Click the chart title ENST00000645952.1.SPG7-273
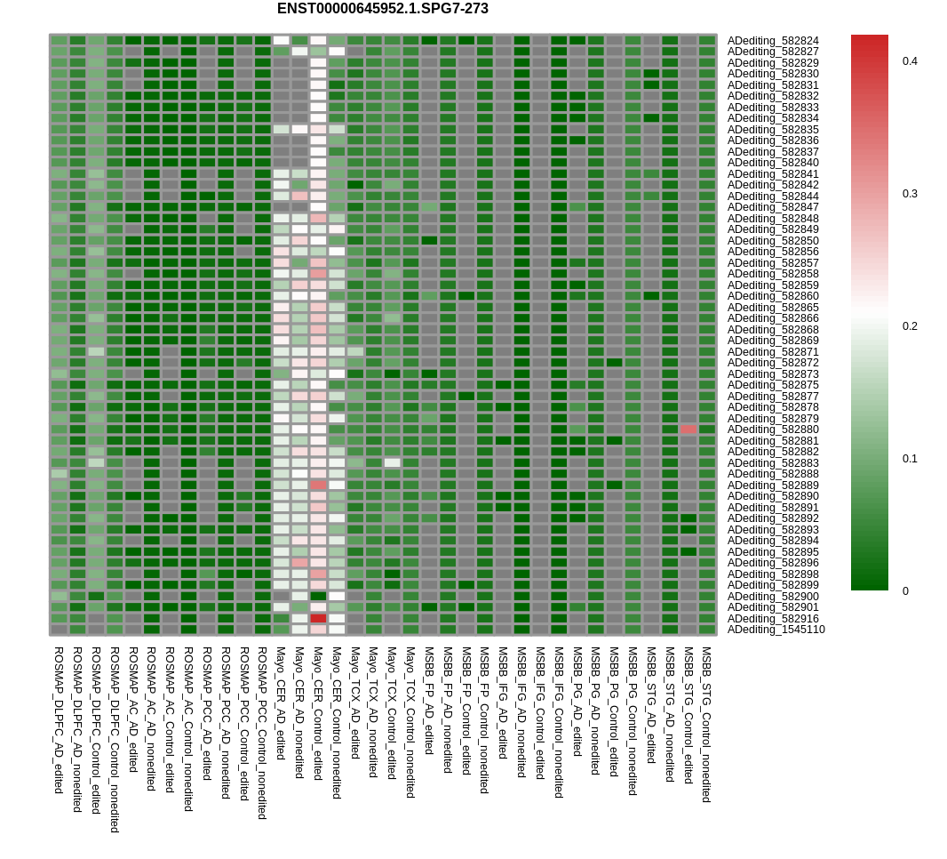coord(382,9)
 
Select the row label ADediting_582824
coord(773,41)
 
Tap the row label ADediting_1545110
coord(776,630)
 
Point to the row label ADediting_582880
coord(773,429)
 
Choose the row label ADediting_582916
coord(773,619)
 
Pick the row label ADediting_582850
coord(773,241)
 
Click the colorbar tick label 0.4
coord(910,61)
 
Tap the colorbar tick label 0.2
coord(910,326)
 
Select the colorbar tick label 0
coord(906,591)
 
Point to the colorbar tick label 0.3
coord(910,194)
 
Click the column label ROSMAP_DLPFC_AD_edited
coord(59,720)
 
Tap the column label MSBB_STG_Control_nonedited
coord(706,725)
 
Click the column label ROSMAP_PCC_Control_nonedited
coord(262,733)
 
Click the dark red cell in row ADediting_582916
coord(318,618)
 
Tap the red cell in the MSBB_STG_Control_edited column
coord(688,429)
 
